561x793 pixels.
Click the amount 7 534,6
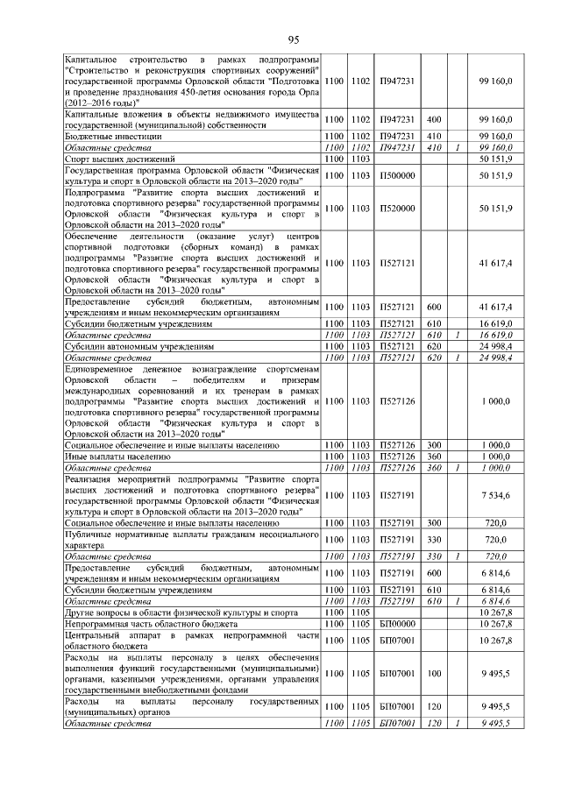(496, 496)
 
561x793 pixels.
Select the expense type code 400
(432, 119)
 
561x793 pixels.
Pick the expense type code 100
(432, 675)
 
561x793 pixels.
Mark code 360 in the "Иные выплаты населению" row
(432, 457)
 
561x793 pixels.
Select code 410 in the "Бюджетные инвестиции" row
(432, 137)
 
